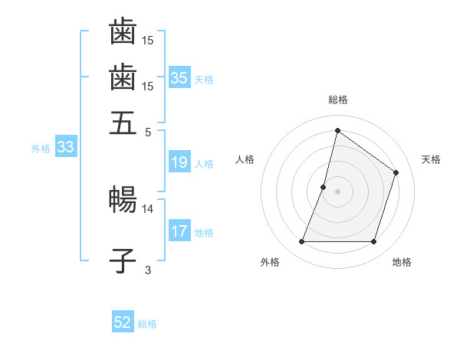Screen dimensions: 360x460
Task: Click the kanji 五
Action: coord(123,123)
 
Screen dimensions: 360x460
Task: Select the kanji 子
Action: coord(123,260)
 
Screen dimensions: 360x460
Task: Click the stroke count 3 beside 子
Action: coord(148,270)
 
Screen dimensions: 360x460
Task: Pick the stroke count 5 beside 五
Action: coord(148,131)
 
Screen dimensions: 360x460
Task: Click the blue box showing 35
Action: coord(179,77)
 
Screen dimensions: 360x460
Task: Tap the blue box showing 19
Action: coord(179,162)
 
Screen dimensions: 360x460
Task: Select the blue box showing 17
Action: coord(179,231)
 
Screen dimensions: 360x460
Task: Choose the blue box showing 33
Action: coord(64,148)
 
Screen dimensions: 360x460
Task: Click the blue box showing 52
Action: coord(123,322)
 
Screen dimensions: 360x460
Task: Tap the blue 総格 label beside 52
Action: coord(147,324)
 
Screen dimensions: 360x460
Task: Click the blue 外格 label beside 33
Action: coord(40,149)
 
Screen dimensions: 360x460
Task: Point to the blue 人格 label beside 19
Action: coord(204,164)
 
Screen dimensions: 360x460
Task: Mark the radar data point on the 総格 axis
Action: coord(337,130)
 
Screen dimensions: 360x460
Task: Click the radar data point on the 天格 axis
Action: coord(396,172)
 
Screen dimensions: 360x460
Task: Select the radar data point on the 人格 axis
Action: coord(324,187)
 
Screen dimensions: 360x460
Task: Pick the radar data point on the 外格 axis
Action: coord(301,242)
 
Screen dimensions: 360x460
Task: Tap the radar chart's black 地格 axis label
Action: coord(402,263)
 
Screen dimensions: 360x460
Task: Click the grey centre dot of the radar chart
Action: coord(337,191)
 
